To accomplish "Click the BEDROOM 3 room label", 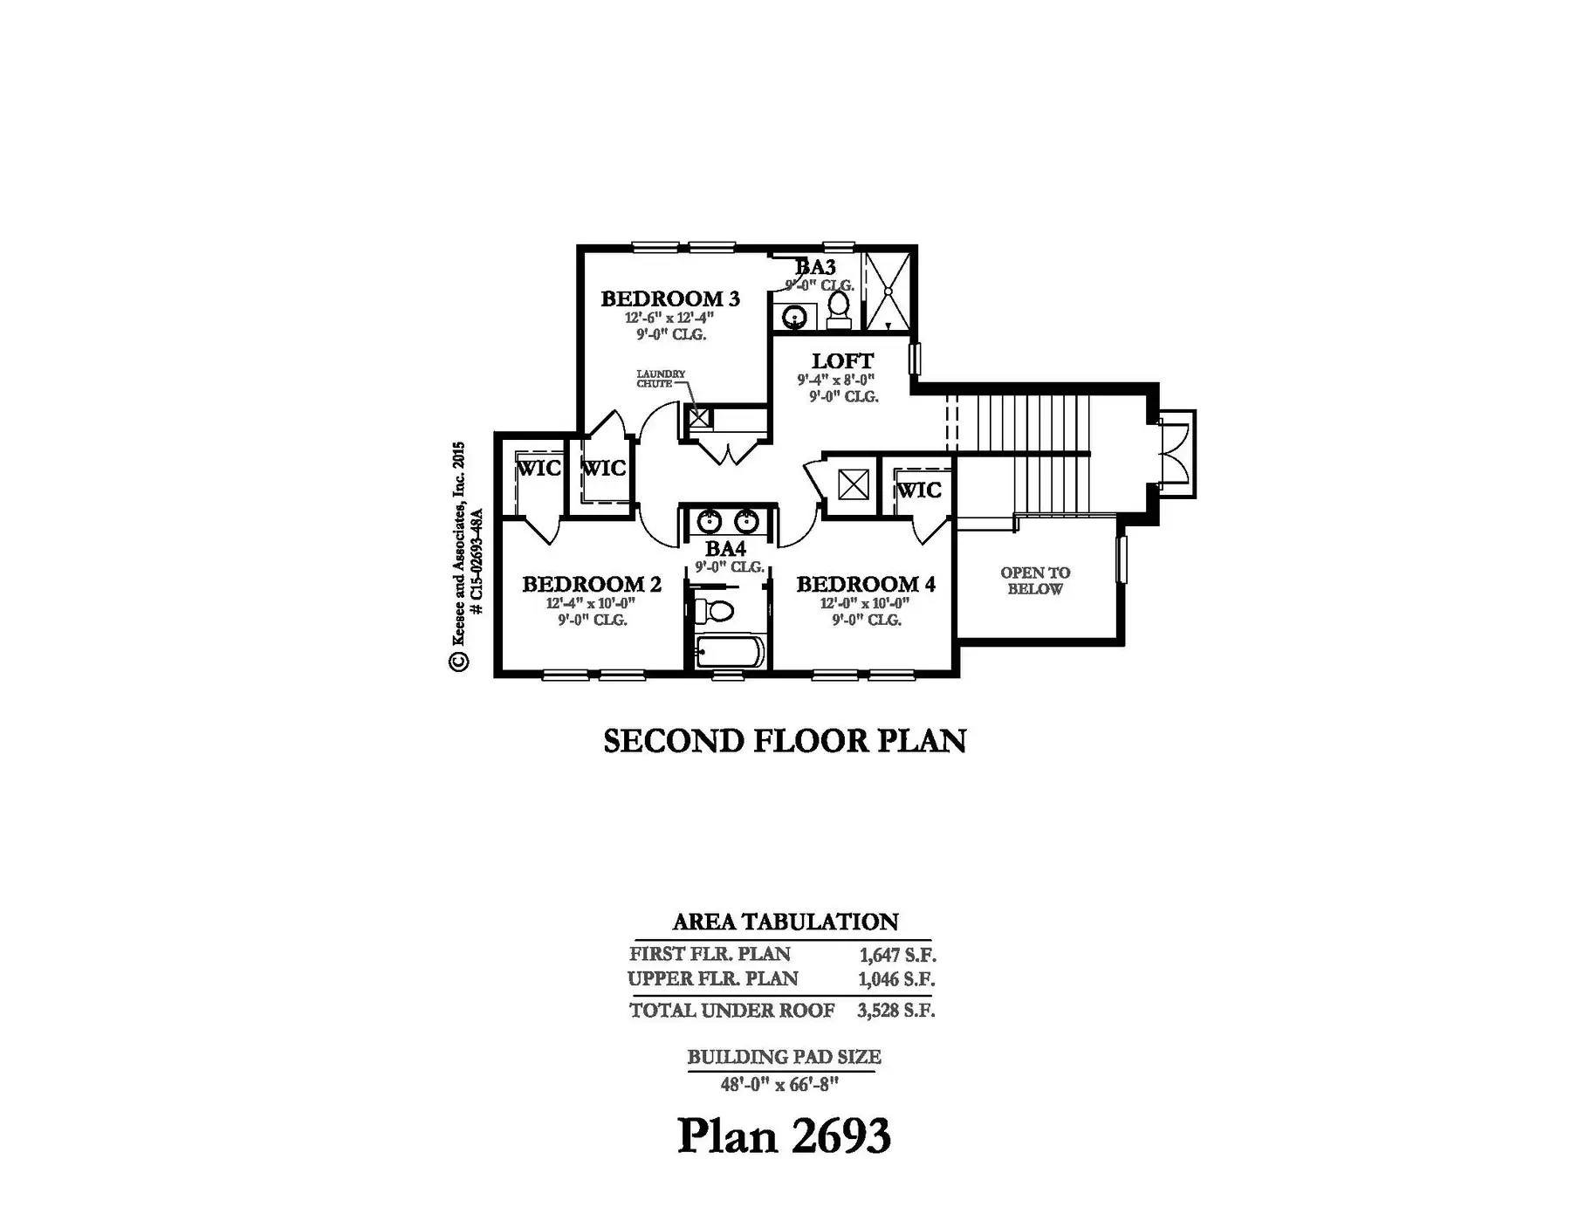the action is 670,298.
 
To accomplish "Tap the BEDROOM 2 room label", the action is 592,584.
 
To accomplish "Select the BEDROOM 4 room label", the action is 866,584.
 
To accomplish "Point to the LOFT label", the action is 842,360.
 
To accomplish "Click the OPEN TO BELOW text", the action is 1035,580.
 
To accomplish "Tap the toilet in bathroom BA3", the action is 839,310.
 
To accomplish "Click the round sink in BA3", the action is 794,316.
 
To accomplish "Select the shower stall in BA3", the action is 887,291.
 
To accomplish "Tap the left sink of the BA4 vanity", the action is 708,522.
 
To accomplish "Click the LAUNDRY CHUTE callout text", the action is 661,379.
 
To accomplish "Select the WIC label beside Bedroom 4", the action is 919,490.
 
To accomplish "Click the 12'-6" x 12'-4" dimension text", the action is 669,319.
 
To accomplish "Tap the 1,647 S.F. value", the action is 897,955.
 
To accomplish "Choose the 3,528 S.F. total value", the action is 896,1011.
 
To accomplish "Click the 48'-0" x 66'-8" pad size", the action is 779,1084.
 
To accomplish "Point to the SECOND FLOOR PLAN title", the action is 785,741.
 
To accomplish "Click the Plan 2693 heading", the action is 785,1135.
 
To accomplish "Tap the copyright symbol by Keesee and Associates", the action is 459,661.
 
